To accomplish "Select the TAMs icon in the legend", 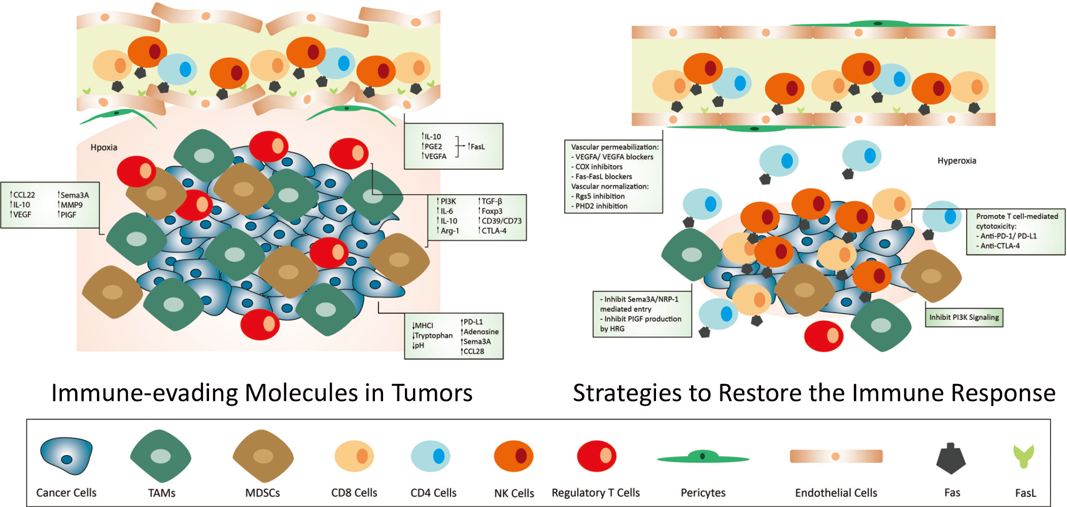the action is (161, 456).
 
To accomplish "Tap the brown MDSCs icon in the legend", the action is (263, 456).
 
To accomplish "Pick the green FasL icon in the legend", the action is (1024, 456).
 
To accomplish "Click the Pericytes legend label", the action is (703, 493).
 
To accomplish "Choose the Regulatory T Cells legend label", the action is (596, 493).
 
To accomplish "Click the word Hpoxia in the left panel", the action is (104, 148).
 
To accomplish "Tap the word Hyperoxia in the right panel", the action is (957, 161).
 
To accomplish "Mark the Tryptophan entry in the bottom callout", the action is (433, 336).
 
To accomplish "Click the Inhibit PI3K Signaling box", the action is (964, 317).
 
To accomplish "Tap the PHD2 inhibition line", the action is (599, 206).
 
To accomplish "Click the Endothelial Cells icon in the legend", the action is (836, 456).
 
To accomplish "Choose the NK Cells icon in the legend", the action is (513, 456).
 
